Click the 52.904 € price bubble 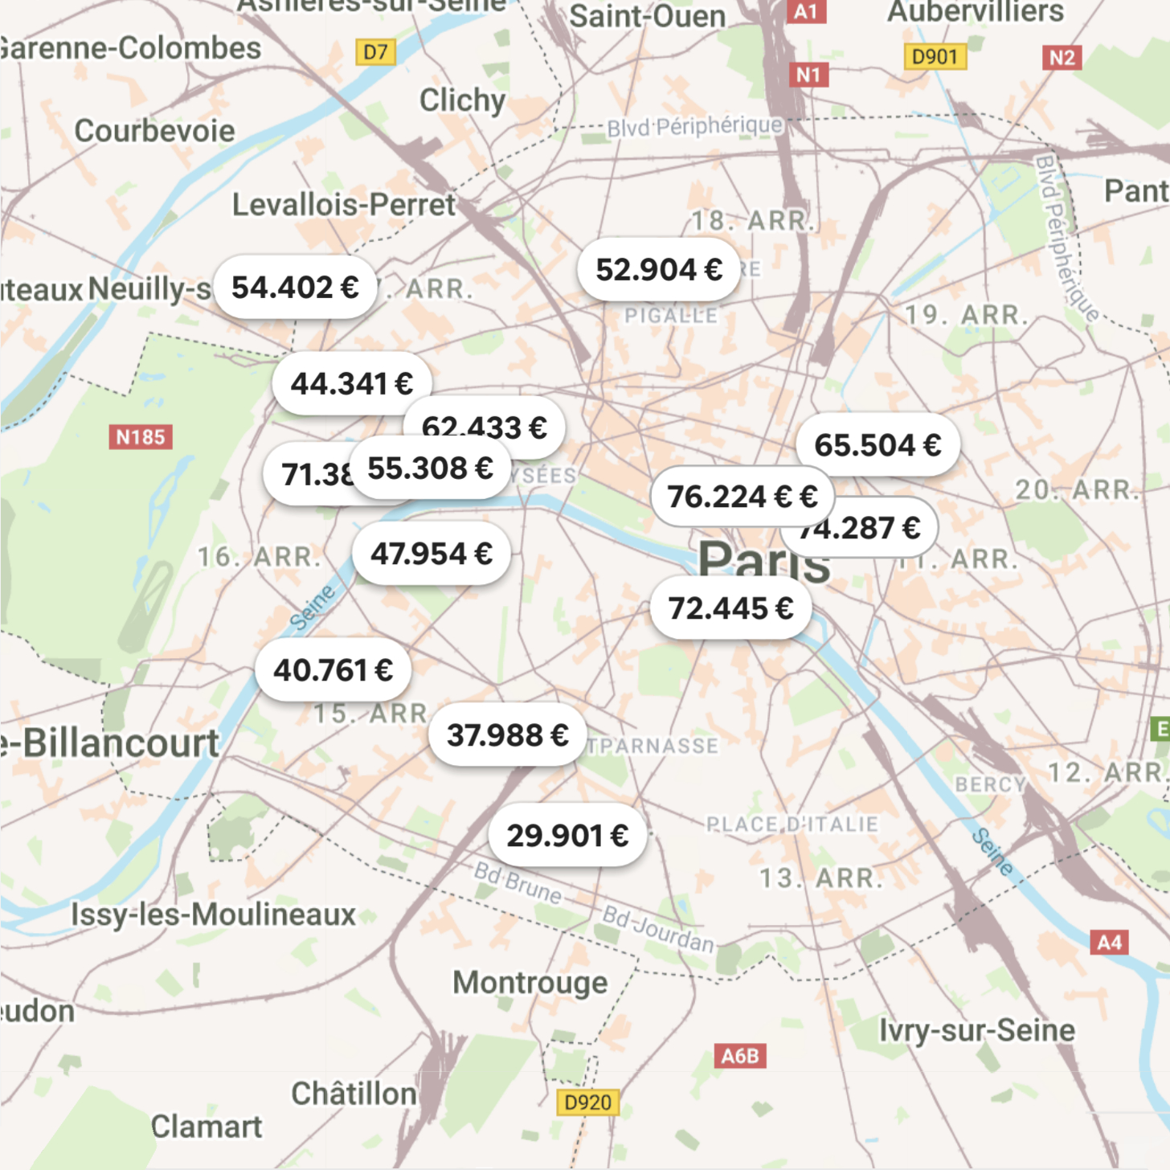click(658, 270)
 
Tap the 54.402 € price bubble click(295, 288)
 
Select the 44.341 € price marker click(351, 384)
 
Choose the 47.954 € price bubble click(431, 554)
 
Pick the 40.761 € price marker click(333, 670)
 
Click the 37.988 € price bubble click(507, 735)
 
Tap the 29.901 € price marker click(567, 836)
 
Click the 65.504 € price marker click(877, 445)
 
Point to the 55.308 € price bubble click(430, 468)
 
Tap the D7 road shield click(375, 53)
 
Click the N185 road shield click(141, 437)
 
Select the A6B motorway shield click(740, 1056)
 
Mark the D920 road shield click(588, 1102)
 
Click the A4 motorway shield click(1109, 943)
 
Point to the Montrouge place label click(530, 983)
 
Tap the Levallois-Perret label click(344, 205)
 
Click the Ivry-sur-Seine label click(976, 1031)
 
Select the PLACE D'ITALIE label click(792, 824)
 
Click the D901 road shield click(935, 57)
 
